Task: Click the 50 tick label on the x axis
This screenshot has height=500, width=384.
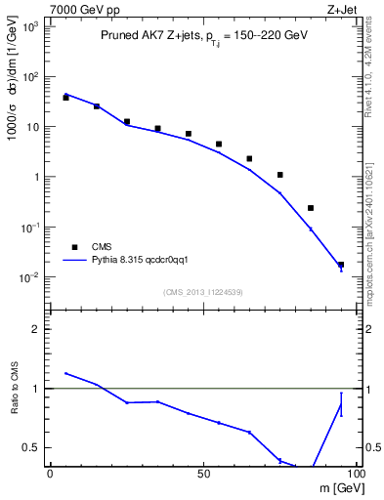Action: tap(202, 474)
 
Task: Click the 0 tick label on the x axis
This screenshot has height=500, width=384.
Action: tap(50, 474)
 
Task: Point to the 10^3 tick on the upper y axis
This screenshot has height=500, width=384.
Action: tap(31, 26)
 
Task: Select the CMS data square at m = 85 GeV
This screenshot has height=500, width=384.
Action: tap(311, 208)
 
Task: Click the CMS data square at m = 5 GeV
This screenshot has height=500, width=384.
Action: tap(65, 98)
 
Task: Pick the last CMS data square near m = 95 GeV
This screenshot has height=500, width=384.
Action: tap(341, 265)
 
